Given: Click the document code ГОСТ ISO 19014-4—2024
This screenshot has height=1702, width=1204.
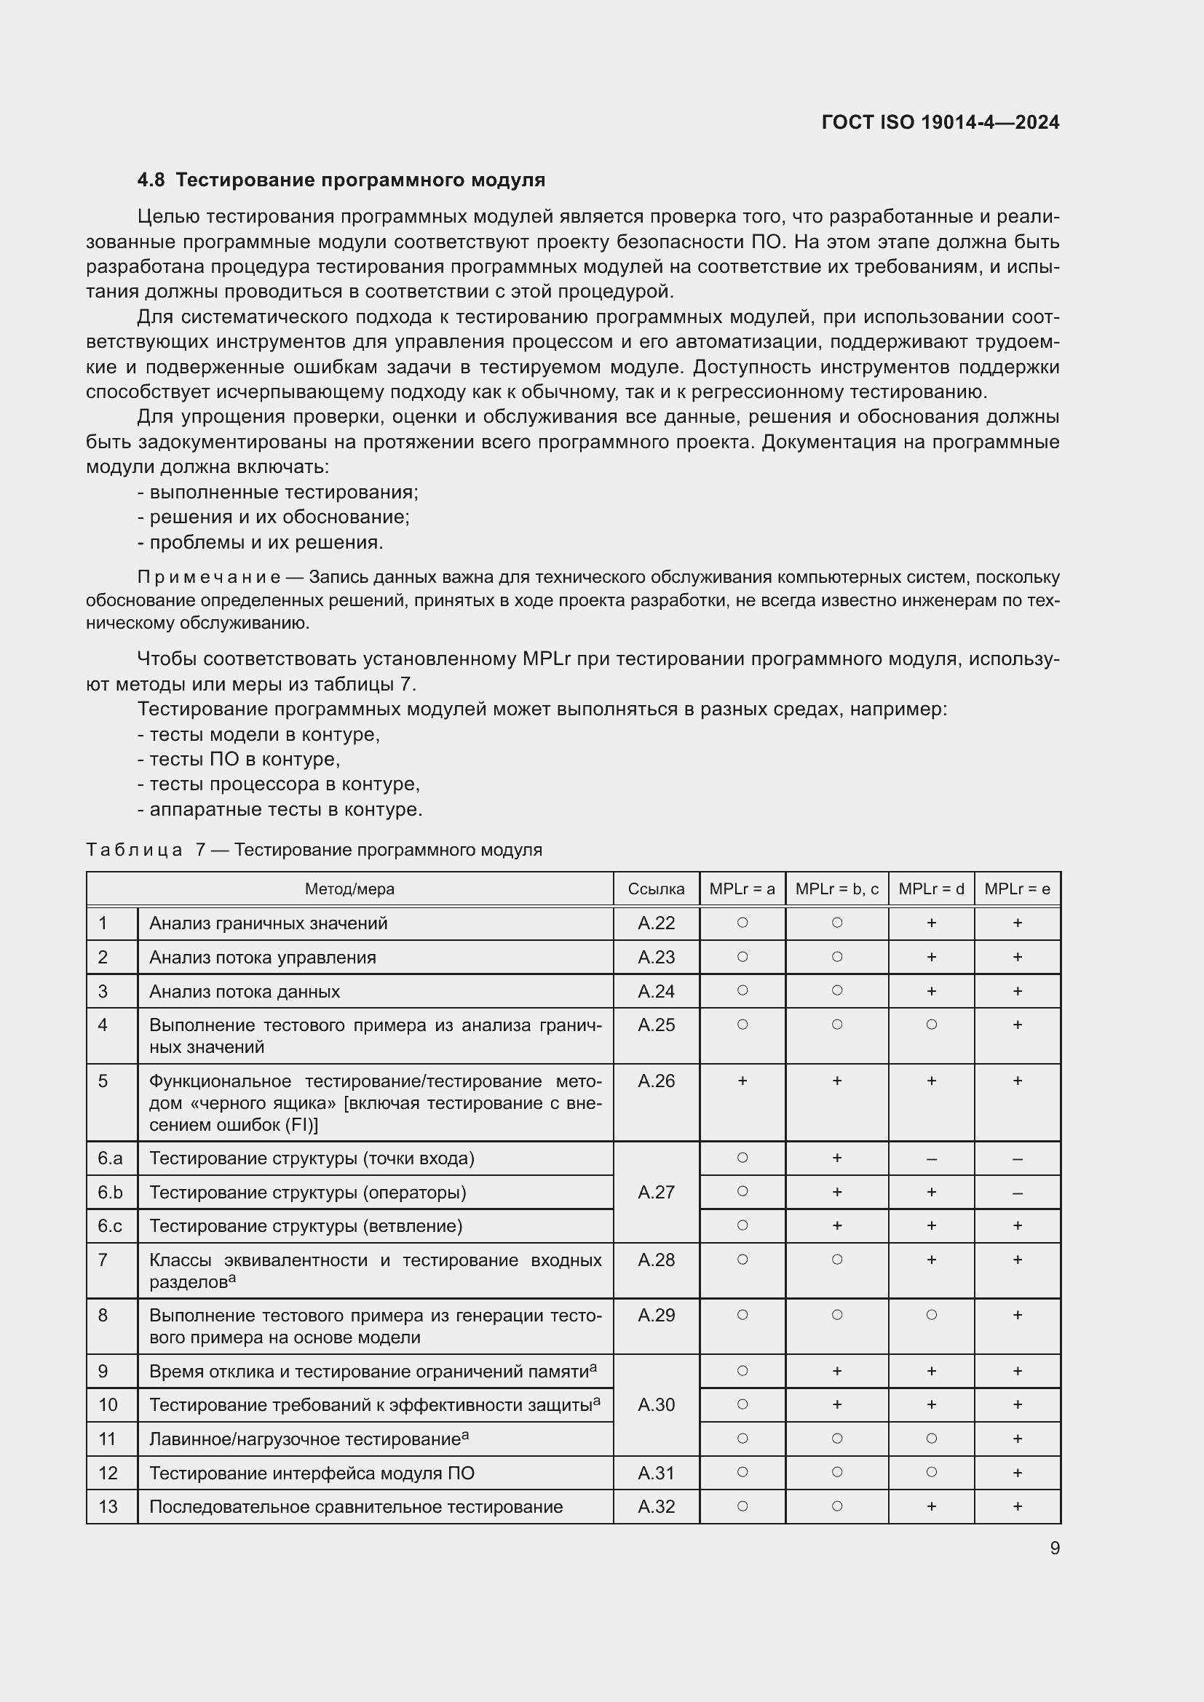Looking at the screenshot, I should click(940, 122).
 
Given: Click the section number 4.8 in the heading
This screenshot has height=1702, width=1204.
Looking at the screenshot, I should click(151, 180).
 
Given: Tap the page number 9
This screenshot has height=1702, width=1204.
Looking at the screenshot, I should click(1054, 1548).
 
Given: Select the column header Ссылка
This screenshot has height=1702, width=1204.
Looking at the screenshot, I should click(655, 888).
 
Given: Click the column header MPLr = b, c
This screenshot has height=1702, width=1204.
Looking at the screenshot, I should click(836, 888).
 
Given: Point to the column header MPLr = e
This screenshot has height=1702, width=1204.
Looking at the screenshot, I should click(1016, 888).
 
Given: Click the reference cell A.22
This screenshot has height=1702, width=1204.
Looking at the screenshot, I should click(655, 923).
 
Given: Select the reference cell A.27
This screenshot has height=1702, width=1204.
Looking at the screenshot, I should click(655, 1192).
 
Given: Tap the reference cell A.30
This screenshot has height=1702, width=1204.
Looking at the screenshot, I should click(655, 1404).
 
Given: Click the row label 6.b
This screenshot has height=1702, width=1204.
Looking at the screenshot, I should click(111, 1192).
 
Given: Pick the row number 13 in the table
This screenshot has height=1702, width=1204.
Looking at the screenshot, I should click(108, 1506).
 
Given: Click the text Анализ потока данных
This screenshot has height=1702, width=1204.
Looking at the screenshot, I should click(245, 991).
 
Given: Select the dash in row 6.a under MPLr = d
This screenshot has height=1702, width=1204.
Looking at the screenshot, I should click(931, 1158).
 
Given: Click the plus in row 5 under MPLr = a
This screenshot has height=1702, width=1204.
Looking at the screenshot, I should click(742, 1081).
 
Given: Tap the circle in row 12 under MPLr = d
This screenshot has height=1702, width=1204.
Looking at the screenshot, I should click(931, 1472).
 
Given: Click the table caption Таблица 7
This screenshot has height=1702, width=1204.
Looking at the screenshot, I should click(141, 849).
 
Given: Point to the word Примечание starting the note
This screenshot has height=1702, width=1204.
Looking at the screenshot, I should click(208, 577).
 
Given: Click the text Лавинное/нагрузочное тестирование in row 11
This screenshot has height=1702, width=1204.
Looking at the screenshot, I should click(305, 1439).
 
